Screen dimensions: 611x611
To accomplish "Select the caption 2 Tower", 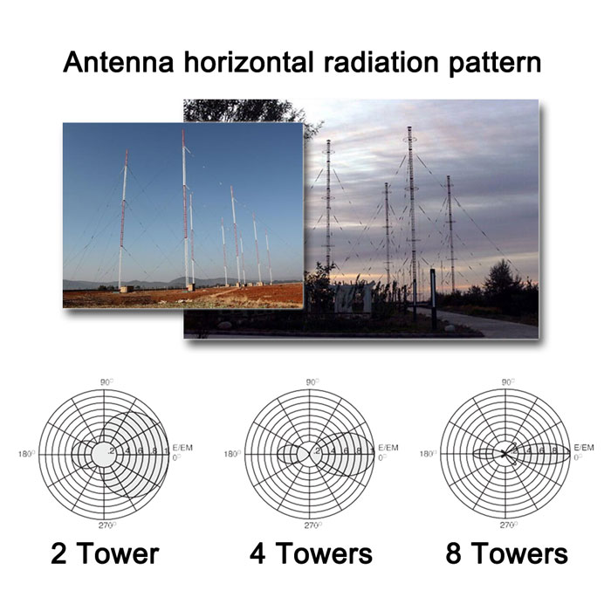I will pyautogui.click(x=105, y=553).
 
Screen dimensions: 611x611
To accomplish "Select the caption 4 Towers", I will pyautogui.click(x=310, y=553).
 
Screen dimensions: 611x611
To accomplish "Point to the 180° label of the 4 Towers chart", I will pyautogui.click(x=232, y=454).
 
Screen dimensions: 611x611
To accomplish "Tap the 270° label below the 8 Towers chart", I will pyautogui.click(x=507, y=525).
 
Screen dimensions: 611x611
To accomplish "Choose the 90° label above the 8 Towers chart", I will pyautogui.click(x=507, y=382).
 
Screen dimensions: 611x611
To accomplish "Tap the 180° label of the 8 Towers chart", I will pyautogui.click(x=429, y=454).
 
